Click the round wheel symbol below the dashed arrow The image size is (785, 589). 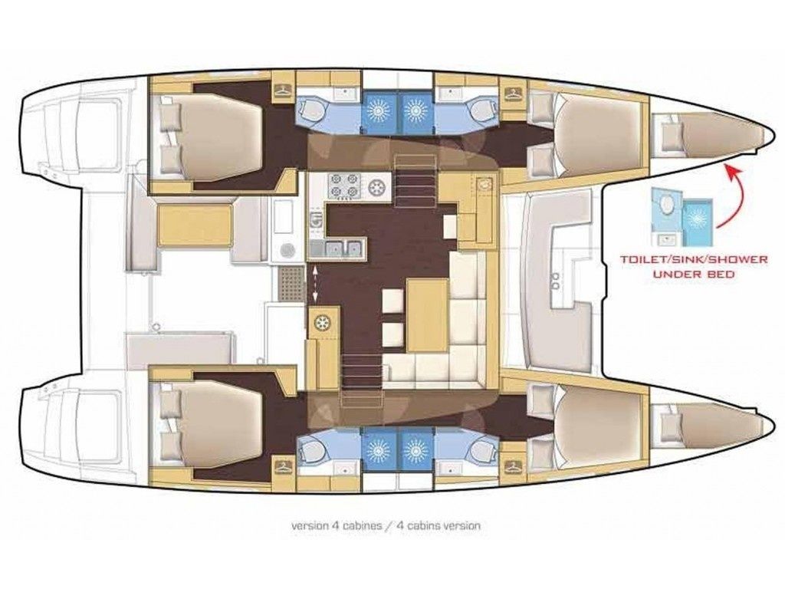click(x=323, y=322)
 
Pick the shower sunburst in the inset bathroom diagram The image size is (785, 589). click(x=698, y=215)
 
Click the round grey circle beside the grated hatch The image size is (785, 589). click(x=287, y=249)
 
